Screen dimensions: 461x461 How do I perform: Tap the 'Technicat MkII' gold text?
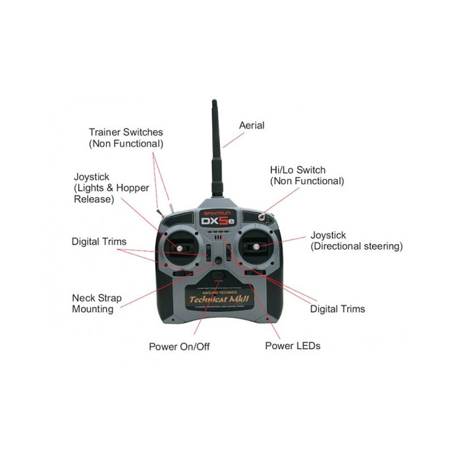221,297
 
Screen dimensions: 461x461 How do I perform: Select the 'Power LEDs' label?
292,345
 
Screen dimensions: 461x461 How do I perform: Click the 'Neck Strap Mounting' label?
96,304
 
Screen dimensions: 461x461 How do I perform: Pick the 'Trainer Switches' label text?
125,132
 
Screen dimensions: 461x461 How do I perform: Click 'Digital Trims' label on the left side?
99,242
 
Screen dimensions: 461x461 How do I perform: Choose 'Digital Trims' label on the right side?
337,308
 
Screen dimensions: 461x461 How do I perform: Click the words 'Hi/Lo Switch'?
298,170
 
